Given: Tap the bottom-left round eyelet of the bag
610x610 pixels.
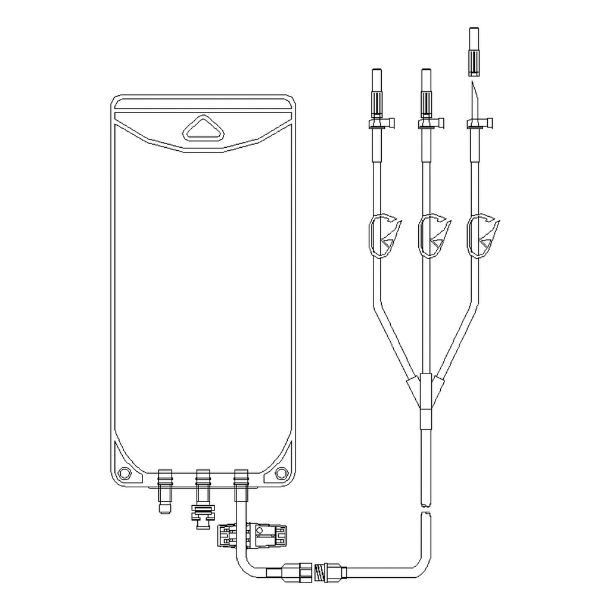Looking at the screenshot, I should point(125,473).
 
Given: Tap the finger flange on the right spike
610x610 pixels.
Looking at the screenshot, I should point(480,124).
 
